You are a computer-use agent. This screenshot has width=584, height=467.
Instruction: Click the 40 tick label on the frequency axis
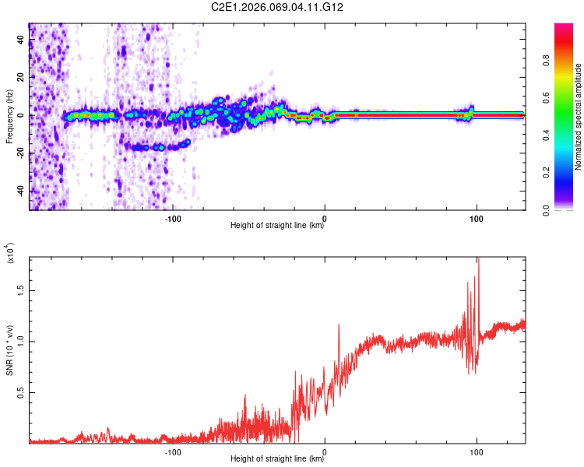click(21, 40)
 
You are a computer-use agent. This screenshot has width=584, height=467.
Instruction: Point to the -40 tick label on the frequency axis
click(21, 191)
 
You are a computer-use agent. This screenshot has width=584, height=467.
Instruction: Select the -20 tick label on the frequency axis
click(21, 153)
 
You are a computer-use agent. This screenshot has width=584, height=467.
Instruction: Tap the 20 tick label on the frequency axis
click(21, 78)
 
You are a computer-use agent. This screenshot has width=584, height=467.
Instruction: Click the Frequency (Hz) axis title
click(9, 117)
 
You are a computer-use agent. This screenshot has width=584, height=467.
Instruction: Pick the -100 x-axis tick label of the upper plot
click(173, 218)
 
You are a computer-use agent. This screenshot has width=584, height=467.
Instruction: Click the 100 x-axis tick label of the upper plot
click(476, 218)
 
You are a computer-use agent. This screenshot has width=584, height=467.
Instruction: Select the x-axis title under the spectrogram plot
click(277, 226)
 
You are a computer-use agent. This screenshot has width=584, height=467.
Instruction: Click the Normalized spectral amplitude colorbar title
click(578, 117)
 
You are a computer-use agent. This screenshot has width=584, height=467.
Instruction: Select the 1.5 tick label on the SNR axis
click(21, 290)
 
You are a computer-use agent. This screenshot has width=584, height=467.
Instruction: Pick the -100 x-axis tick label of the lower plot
click(173, 451)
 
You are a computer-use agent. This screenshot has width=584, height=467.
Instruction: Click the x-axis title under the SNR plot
click(277, 459)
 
